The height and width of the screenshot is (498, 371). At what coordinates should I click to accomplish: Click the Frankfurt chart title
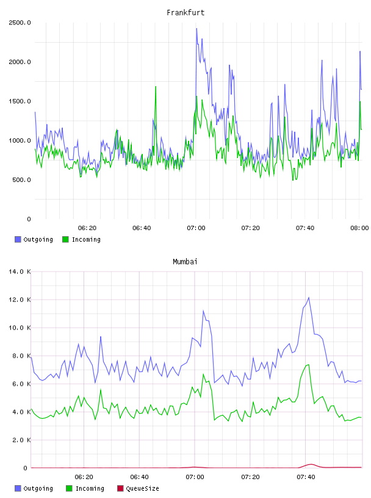185,12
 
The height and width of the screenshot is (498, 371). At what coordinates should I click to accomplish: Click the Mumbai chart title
185,261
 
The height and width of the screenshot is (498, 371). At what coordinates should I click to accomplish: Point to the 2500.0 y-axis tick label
20,23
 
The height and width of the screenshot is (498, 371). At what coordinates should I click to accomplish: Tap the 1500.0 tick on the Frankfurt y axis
20,101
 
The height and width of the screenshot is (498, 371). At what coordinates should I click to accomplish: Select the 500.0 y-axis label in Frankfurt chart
21,180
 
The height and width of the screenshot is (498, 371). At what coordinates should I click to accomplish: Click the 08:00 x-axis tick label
359,228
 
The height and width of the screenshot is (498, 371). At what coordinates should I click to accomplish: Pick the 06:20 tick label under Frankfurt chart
87,228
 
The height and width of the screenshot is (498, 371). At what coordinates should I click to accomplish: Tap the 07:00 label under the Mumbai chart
195,477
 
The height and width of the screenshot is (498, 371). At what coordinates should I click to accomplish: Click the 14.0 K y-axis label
20,272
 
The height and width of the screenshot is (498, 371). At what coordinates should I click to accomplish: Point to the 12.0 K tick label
20,300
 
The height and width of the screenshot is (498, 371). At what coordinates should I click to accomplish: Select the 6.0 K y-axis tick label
21,384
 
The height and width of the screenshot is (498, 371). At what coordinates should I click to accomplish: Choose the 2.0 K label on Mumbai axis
21,440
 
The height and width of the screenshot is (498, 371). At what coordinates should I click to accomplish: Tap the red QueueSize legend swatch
120,488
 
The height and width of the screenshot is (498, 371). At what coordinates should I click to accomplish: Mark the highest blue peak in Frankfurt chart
196,29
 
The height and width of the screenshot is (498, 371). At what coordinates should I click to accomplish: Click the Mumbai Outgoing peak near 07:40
309,298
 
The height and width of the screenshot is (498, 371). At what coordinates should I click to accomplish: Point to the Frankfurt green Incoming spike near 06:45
156,87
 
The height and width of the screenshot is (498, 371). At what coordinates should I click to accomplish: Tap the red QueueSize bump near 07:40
311,464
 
